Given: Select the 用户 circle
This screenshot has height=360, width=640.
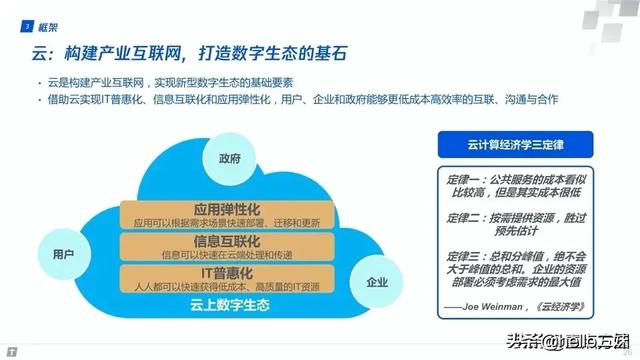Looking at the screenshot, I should pyautogui.click(x=62, y=254).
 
